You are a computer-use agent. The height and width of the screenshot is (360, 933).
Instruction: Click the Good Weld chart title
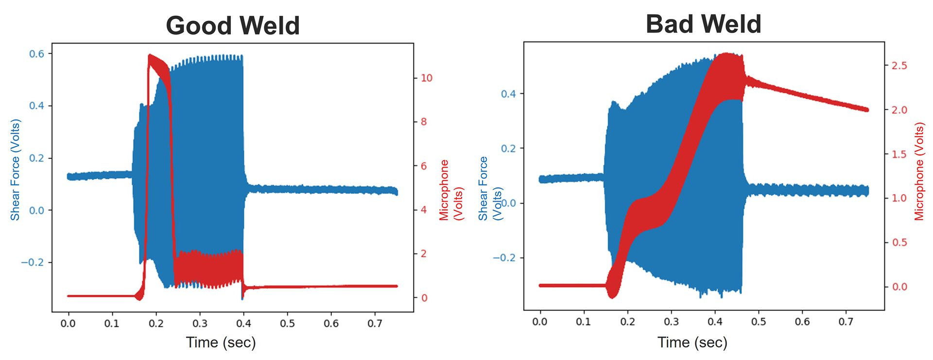(x=232, y=26)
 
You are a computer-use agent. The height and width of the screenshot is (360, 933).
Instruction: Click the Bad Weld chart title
(x=703, y=24)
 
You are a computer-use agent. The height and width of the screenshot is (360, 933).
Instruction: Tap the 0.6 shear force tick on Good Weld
(x=36, y=54)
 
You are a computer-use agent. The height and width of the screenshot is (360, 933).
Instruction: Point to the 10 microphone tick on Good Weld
(x=426, y=78)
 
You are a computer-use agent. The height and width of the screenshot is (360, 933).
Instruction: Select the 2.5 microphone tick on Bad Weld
(x=899, y=66)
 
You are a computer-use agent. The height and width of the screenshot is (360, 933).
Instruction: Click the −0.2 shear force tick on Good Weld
(x=32, y=262)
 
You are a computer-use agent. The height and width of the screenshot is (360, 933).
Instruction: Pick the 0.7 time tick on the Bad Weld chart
(x=846, y=322)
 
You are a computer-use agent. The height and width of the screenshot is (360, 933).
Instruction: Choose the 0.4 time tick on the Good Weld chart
(x=243, y=324)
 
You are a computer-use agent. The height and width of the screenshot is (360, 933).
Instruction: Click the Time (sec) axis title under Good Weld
(x=221, y=343)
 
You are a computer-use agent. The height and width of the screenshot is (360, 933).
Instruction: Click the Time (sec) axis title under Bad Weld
(x=692, y=343)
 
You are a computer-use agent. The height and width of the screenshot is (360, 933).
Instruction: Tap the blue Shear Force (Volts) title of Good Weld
(x=15, y=170)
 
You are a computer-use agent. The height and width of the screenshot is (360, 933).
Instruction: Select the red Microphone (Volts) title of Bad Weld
(x=919, y=171)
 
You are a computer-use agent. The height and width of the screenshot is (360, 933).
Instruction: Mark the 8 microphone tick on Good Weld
(x=423, y=122)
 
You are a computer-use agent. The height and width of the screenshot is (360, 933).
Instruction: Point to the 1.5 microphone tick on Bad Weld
(x=899, y=154)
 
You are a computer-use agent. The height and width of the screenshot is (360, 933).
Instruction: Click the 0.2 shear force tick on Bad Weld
(x=508, y=148)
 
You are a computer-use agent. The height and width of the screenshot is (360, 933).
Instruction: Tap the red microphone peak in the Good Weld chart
(x=150, y=56)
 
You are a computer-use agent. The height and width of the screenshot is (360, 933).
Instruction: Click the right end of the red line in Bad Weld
(x=866, y=110)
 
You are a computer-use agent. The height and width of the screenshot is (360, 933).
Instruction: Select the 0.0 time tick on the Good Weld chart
(x=68, y=324)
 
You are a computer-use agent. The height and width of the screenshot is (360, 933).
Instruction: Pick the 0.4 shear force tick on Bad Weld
(x=508, y=94)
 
